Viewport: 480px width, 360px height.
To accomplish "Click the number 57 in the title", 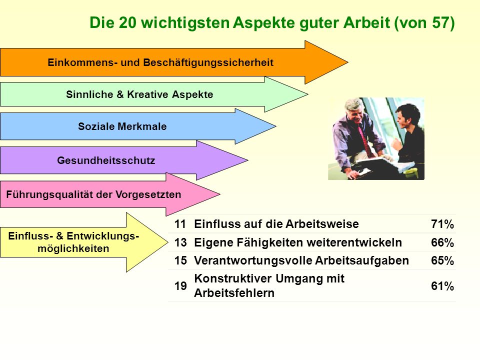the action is pos(440,22).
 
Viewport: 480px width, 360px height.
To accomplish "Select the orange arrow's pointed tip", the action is pos(348,62).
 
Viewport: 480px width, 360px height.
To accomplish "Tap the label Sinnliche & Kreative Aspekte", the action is pos(139,94).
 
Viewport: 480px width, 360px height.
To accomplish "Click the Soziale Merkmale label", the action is pos(122,126).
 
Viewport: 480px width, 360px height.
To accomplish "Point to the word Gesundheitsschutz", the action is pos(106,160).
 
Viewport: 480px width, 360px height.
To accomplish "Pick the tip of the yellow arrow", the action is pos(168,242).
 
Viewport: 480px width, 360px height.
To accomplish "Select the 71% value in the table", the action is pos(442,224).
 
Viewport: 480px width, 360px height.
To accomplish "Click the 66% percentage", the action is pos(442,242).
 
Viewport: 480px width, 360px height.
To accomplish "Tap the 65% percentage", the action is pos(442,260).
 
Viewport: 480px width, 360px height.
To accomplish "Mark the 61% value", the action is pos(442,286).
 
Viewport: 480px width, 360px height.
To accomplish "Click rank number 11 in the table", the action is pos(180,224).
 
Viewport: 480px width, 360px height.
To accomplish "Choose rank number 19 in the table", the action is pos(180,286).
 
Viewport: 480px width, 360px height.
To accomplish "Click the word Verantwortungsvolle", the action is pos(253,260).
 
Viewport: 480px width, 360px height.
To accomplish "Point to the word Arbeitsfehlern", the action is pos(234,293).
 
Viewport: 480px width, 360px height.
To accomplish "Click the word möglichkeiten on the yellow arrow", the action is pos(73,248).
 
